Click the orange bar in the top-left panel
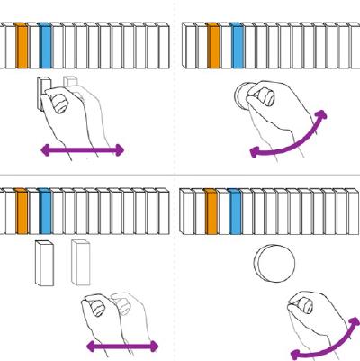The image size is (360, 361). click(22, 43)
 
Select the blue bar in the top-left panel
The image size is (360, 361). click(46, 43)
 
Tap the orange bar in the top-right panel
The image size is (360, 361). click(213, 43)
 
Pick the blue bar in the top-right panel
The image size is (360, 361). click(238, 43)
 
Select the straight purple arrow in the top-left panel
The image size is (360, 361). click(81, 151)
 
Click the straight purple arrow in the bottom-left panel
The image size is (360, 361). click(122, 346)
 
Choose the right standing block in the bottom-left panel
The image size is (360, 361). click(80, 262)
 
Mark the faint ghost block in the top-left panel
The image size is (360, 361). click(69, 85)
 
